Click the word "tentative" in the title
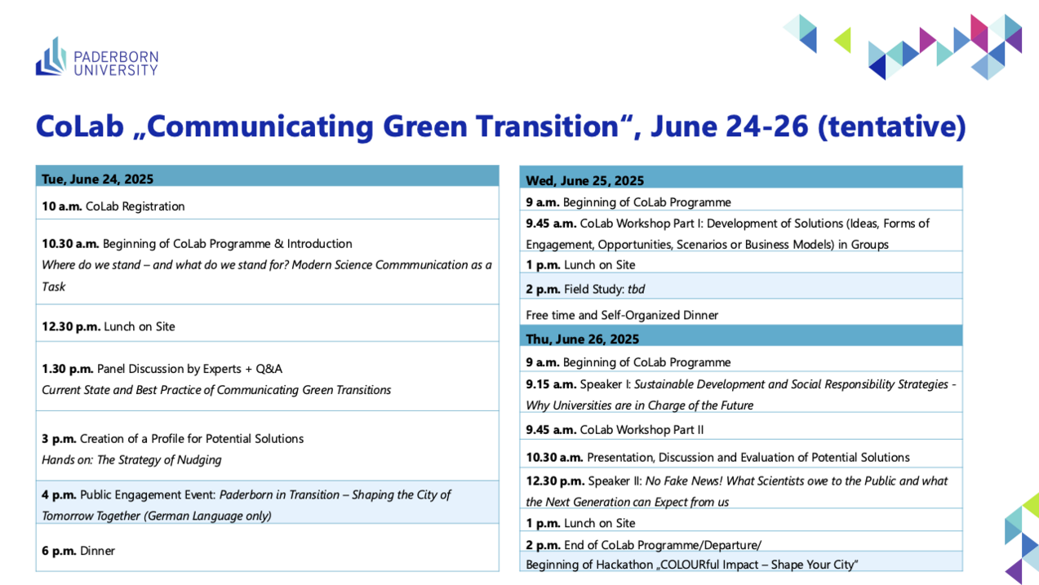892,126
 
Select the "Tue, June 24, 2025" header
97,179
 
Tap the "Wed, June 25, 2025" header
585,180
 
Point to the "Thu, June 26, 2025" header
582,339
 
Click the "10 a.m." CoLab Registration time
62,206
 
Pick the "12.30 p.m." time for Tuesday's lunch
71,326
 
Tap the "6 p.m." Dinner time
59,551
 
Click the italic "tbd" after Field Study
636,290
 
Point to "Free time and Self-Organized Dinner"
622,315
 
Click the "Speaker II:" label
615,481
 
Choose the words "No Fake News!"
684,481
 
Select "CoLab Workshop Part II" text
642,430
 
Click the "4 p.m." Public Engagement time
59,495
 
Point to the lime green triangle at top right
843,40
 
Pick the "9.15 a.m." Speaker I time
551,384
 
